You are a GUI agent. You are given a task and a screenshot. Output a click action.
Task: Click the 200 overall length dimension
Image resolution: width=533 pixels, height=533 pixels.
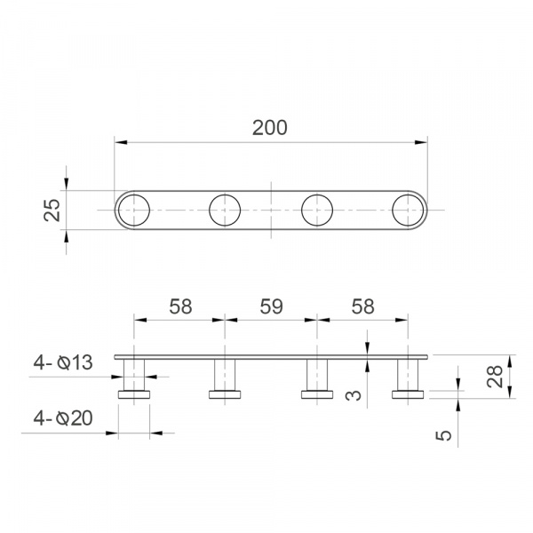[x=269, y=128]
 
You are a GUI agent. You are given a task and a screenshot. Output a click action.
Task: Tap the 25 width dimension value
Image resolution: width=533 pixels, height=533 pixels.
[x=52, y=210]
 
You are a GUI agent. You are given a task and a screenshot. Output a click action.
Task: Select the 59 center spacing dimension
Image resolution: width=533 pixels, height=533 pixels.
[x=271, y=306]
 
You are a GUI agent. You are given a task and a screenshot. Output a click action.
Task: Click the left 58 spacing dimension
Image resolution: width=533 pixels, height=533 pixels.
[x=180, y=306]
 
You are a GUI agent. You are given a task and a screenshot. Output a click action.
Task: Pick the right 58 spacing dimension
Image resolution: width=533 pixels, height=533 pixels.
[x=362, y=306]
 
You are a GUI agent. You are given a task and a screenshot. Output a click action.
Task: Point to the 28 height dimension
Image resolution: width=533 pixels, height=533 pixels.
[x=495, y=377]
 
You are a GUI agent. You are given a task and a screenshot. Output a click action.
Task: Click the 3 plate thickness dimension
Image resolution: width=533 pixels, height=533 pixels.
[x=354, y=395]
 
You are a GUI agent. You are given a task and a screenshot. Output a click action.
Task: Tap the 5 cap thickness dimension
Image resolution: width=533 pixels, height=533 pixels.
[x=444, y=435]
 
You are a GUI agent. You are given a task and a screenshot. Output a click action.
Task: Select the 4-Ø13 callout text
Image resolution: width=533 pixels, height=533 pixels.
[x=63, y=362]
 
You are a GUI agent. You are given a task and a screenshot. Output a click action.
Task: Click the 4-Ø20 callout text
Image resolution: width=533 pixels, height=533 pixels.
[x=63, y=418]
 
